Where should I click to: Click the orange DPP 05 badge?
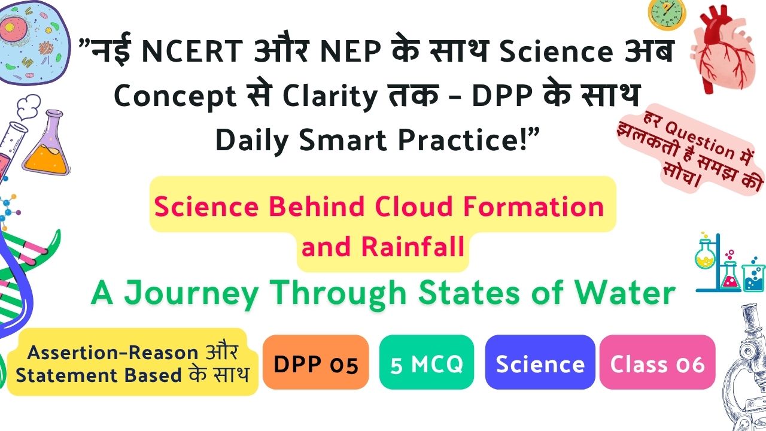click(315, 362)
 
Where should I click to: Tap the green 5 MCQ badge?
click(427, 362)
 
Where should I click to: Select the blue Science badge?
click(540, 362)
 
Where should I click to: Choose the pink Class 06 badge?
click(657, 362)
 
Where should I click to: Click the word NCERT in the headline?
click(192, 51)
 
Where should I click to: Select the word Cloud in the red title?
click(414, 207)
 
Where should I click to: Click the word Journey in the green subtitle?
click(191, 294)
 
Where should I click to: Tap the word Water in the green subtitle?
click(624, 293)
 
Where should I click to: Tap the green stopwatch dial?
click(667, 13)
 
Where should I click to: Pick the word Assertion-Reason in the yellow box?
click(113, 353)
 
